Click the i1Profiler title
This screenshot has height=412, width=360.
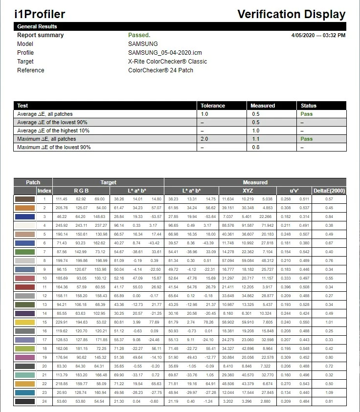[40, 14]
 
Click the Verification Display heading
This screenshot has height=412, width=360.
[291, 14]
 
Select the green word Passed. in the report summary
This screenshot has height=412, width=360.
[139, 35]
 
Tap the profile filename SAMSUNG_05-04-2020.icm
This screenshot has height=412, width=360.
[165, 53]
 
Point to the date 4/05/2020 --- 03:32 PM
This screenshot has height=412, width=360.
[318, 35]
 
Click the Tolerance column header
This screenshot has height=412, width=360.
[213, 106]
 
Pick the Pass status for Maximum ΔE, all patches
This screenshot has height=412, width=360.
[307, 139]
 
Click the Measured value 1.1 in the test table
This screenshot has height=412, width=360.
[256, 139]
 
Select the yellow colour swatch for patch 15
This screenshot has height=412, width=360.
[24, 322]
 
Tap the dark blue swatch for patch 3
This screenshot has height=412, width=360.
[24, 217]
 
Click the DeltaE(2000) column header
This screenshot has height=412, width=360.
[329, 191]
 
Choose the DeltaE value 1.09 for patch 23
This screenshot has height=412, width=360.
[329, 392]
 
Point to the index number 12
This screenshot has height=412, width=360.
[44, 296]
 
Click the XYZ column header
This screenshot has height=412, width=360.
[248, 191]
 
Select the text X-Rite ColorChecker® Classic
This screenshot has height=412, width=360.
[167, 62]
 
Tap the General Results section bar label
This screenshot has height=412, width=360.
[37, 26]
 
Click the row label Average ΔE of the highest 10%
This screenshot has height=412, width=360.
[53, 130]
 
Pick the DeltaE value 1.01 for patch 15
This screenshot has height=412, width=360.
[329, 322]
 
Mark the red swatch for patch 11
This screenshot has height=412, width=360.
[24, 287]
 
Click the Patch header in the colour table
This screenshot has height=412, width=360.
[33, 182]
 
